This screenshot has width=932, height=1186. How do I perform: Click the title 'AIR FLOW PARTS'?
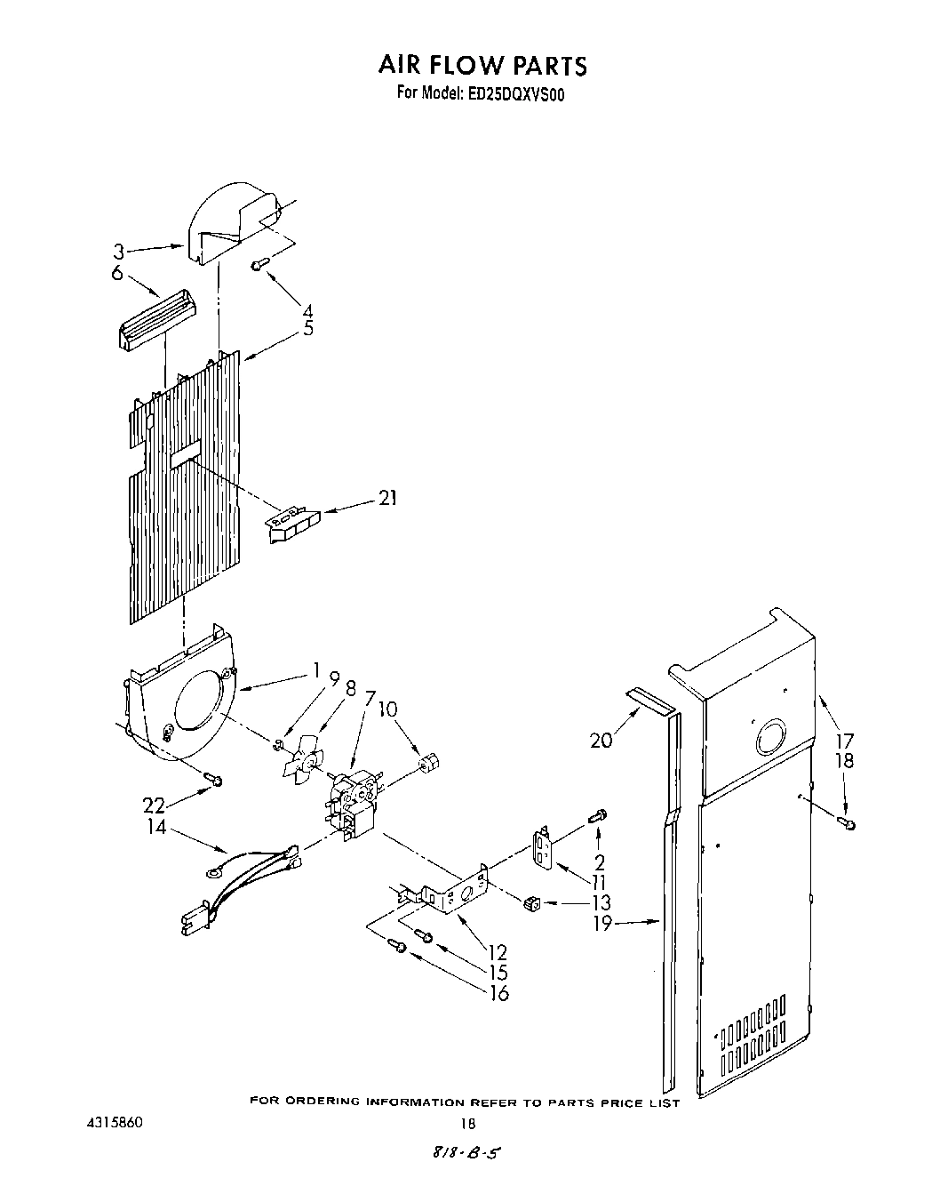pos(482,65)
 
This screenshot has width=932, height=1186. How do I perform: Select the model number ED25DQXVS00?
pos(514,93)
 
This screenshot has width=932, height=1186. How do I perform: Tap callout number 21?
pos(387,498)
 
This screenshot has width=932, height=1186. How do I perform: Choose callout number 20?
pos(601,739)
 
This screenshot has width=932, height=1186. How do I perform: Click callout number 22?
pos(155,805)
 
